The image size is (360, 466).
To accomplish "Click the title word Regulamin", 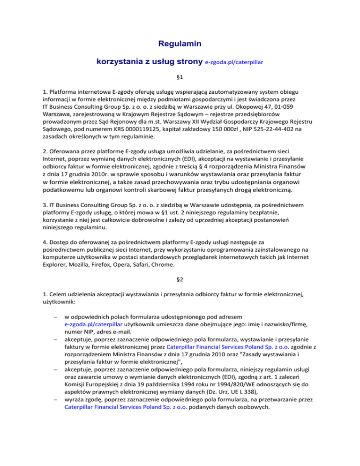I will (180, 45).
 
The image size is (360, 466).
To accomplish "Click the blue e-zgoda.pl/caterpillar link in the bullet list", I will (94, 323).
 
